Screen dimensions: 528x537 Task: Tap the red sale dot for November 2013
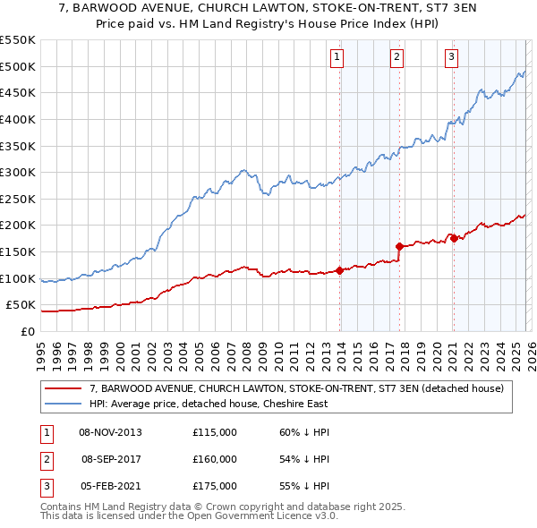pos(340,270)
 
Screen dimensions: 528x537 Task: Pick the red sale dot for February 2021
pos(454,238)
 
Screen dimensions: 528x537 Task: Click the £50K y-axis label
pos(21,305)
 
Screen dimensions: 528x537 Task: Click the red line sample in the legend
pos(64,388)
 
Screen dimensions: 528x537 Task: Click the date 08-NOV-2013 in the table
pos(110,432)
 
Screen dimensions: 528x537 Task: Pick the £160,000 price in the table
pos(214,459)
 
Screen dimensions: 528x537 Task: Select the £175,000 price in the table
pos(214,486)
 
